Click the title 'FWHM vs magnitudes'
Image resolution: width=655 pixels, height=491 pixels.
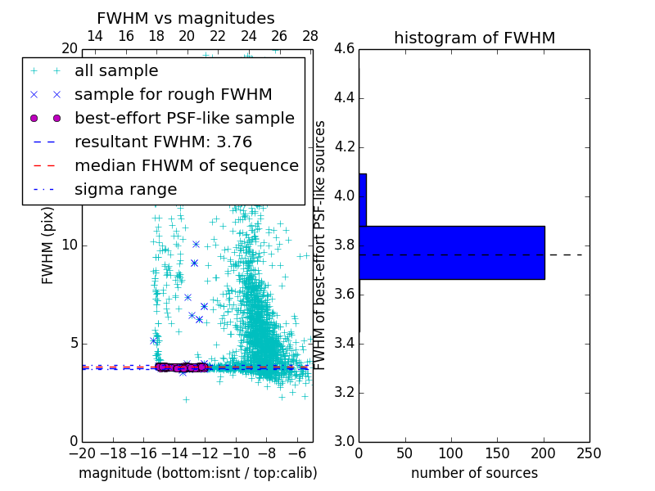coord(185,18)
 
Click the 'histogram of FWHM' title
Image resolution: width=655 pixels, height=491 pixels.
coord(474,38)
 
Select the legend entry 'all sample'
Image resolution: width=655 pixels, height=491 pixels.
coord(116,71)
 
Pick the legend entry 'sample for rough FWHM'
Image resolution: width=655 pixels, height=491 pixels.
coord(173,94)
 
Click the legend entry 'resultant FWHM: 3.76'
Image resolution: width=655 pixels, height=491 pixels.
coord(163,142)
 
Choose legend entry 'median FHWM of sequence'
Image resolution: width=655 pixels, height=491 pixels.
coord(186,165)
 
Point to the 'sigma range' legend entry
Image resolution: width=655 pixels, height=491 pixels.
coord(125,189)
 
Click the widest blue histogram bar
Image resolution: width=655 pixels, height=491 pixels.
coord(451,253)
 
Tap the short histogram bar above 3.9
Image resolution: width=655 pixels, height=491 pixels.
coord(362,200)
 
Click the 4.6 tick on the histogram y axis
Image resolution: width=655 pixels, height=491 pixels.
coord(345,49)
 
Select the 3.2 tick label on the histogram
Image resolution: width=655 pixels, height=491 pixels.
coord(345,392)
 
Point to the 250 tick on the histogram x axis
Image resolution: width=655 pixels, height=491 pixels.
coord(589,453)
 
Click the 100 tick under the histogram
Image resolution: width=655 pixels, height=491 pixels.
coord(450,453)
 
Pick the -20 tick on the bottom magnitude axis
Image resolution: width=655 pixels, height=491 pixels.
coord(82,453)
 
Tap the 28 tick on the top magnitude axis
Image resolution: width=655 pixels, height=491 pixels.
coord(310,37)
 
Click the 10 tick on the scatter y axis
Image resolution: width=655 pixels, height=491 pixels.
coord(69,245)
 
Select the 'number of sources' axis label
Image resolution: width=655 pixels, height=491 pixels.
coord(474,473)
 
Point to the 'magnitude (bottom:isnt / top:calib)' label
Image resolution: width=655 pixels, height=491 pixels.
coord(197,473)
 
